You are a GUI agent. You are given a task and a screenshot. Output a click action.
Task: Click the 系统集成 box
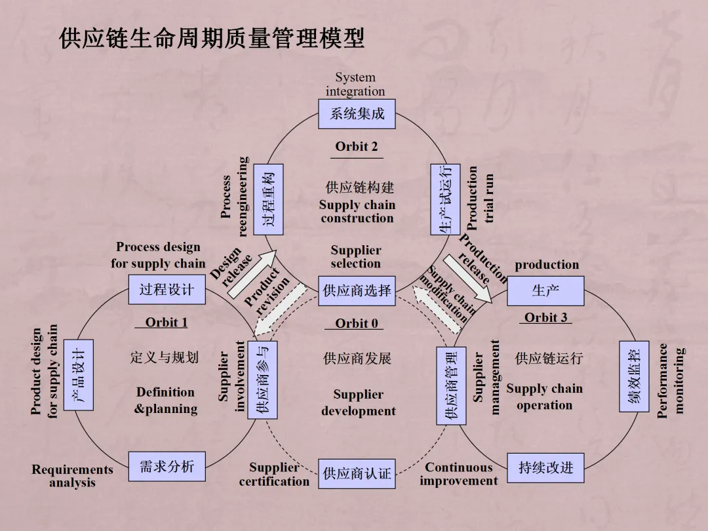[x=357, y=114]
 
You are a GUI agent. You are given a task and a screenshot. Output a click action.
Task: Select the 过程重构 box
[x=267, y=199]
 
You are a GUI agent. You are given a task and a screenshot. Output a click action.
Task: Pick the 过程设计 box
[x=167, y=289]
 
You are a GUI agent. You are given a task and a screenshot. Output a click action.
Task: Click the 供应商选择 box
[x=357, y=290]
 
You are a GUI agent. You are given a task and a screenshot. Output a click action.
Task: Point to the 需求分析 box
[x=167, y=467]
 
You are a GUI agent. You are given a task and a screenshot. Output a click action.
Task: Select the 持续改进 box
[x=545, y=467]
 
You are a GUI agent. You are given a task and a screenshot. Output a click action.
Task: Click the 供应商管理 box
[x=451, y=385]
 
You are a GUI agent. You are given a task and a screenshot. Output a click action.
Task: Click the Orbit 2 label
[x=357, y=147]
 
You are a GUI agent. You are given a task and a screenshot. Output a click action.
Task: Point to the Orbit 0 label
[x=357, y=323]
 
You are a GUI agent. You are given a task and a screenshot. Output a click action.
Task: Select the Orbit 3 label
[x=545, y=317]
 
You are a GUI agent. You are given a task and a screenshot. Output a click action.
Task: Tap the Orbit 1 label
[x=167, y=322]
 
